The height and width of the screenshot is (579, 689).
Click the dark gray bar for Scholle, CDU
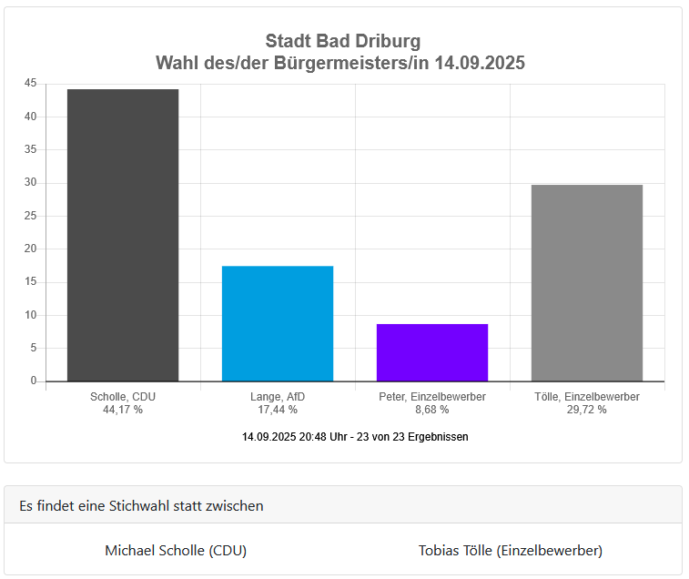pos(123,235)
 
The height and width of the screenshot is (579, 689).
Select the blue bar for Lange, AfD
pos(278,323)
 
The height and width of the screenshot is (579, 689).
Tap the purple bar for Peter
pos(432,352)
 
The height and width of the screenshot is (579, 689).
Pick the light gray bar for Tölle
pos(587,282)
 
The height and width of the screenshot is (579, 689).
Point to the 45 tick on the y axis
pos(30,84)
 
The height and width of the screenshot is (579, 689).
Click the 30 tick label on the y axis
pos(30,183)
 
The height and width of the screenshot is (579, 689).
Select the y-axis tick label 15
pos(30,282)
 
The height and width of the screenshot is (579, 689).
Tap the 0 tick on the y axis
pos(34,381)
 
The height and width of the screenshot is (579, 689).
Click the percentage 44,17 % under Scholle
pos(123,410)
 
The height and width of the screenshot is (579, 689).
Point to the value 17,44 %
pos(278,410)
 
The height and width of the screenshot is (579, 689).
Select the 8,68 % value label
pos(432,410)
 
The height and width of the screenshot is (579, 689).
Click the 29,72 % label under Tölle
pos(587,410)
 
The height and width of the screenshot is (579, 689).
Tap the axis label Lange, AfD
pos(278,397)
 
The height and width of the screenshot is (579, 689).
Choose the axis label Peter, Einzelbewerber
pos(432,397)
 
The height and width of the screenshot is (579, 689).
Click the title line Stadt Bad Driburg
pos(343,41)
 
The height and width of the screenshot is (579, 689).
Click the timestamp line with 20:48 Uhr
pos(355,437)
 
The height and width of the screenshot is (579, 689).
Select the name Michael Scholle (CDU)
pos(176,550)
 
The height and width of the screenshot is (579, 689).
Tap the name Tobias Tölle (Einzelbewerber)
pos(511,550)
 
